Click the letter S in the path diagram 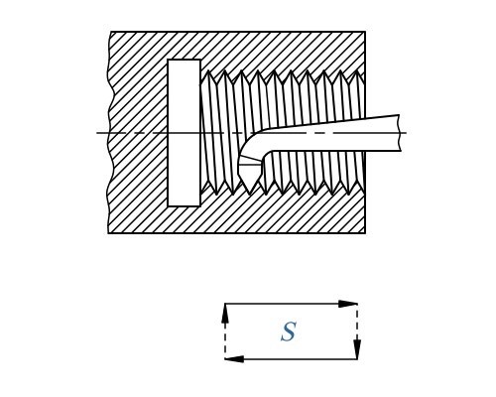pos(288,331)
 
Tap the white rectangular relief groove pos(184,133)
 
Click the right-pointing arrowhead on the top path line pos(348,304)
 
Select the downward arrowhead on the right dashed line pos(356,349)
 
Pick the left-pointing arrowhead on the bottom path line pos(234,359)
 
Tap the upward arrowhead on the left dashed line pos(225,313)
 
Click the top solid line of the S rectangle pos(291,304)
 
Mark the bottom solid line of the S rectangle pos(291,359)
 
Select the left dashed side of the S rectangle pos(225,331)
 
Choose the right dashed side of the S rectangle pos(357,331)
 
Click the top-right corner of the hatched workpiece pos(365,32)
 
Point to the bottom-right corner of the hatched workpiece pos(365,233)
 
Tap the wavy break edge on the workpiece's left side pos(109,133)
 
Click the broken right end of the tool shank pos(400,133)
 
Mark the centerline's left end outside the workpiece pos(97,133)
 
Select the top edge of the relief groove pos(184,60)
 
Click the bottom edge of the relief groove pos(184,205)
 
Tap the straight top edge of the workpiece pos(238,32)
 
